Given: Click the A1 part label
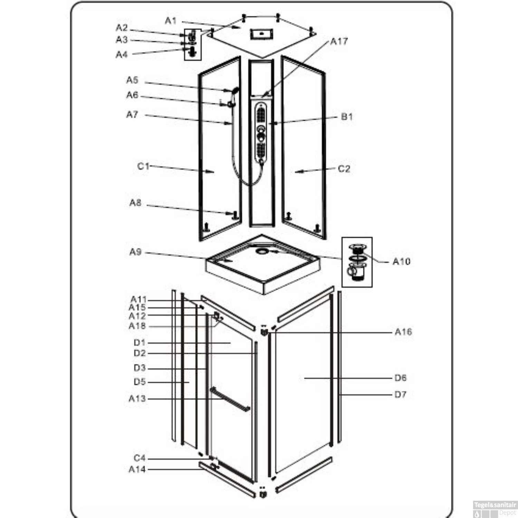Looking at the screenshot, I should [x=171, y=21].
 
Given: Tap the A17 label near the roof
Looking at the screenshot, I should [x=339, y=42].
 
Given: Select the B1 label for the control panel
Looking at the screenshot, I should [x=347, y=117].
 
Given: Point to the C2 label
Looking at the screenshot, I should [x=344, y=169].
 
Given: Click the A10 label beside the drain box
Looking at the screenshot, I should [x=401, y=262].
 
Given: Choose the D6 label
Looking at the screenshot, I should [x=400, y=378].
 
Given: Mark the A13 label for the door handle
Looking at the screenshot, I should [x=137, y=399].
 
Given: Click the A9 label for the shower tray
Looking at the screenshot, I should [x=135, y=252].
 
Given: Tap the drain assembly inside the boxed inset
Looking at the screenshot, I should [x=357, y=262].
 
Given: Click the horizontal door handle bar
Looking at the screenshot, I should [x=230, y=399].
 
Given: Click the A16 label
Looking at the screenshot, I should [x=403, y=332].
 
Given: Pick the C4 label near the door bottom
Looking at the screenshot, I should [x=140, y=458].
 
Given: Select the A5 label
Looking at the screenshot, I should [x=132, y=80].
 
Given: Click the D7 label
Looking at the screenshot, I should [x=400, y=394].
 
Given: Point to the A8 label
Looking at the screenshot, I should [x=135, y=203].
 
